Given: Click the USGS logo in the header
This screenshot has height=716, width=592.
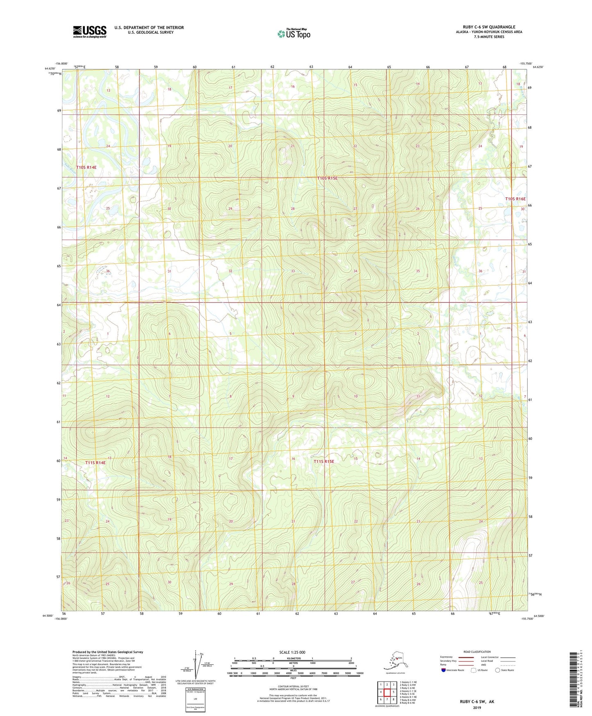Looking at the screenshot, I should [x=89, y=32].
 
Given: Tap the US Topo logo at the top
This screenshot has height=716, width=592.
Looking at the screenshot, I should [x=294, y=34].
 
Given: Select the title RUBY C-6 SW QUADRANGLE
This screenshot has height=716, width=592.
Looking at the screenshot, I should [x=486, y=27].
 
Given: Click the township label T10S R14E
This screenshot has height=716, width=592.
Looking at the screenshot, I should [x=86, y=167].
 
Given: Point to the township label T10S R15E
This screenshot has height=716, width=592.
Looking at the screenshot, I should [x=327, y=178].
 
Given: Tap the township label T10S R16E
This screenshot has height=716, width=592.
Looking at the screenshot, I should [x=515, y=199].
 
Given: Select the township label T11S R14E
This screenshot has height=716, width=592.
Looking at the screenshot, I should [x=95, y=463].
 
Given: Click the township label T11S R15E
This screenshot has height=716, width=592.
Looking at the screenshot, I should [x=324, y=461].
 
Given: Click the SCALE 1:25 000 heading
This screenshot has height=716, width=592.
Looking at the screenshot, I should [x=293, y=652].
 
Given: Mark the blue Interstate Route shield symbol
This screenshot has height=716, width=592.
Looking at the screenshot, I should [x=443, y=670].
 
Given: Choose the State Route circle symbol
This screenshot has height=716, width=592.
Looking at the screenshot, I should [x=497, y=670].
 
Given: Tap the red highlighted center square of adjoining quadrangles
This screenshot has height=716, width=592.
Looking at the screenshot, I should [x=387, y=692].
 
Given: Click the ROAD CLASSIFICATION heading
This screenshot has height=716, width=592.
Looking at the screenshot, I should [x=477, y=652].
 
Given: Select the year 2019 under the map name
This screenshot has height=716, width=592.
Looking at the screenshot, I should [x=476, y=707].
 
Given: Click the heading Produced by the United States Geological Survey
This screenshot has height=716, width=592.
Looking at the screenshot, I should [x=108, y=652].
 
